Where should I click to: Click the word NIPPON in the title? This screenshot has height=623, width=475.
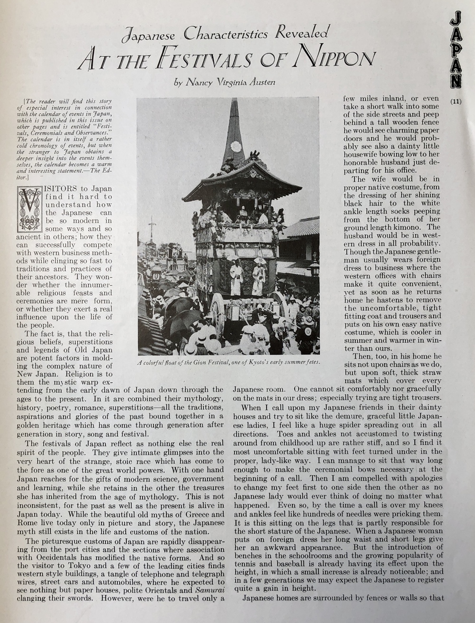[335, 58]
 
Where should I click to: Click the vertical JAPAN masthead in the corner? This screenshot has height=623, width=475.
[456, 49]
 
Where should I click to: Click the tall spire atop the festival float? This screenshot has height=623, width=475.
[234, 131]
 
